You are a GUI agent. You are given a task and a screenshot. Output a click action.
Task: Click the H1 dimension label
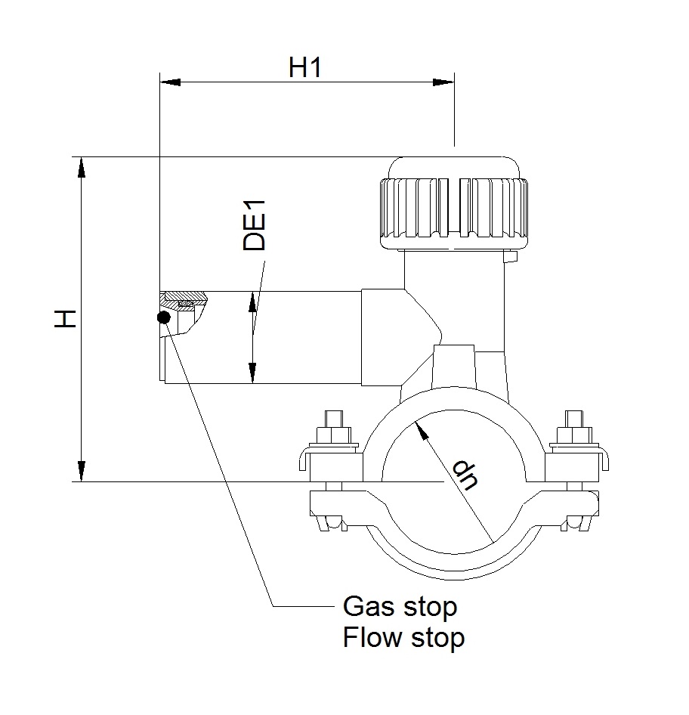[x=305, y=67]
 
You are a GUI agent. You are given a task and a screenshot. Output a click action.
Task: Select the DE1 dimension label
[x=254, y=225]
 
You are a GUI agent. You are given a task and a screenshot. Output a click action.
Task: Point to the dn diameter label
[x=466, y=475]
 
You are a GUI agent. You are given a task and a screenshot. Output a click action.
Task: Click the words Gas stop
[x=400, y=607]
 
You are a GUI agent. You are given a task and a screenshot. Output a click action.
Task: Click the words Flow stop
[x=403, y=637]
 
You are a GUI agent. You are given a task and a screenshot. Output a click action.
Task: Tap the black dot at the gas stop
[x=164, y=317]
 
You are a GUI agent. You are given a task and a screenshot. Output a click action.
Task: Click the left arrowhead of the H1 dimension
[x=170, y=82]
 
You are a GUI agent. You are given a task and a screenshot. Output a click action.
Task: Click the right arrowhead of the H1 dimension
[x=443, y=82]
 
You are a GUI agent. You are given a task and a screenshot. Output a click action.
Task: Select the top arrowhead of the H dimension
[x=81, y=167]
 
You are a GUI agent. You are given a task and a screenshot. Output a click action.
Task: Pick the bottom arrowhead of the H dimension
[x=81, y=471]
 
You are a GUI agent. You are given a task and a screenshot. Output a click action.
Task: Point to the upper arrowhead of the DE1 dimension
[x=252, y=302]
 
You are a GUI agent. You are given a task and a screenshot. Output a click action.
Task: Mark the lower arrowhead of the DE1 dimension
[x=252, y=373]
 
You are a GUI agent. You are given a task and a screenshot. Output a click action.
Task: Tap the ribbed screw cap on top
[x=454, y=203]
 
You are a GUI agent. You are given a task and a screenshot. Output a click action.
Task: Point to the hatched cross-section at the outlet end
[x=182, y=302]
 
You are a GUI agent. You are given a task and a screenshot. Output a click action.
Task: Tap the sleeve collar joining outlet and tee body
[x=384, y=337]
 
